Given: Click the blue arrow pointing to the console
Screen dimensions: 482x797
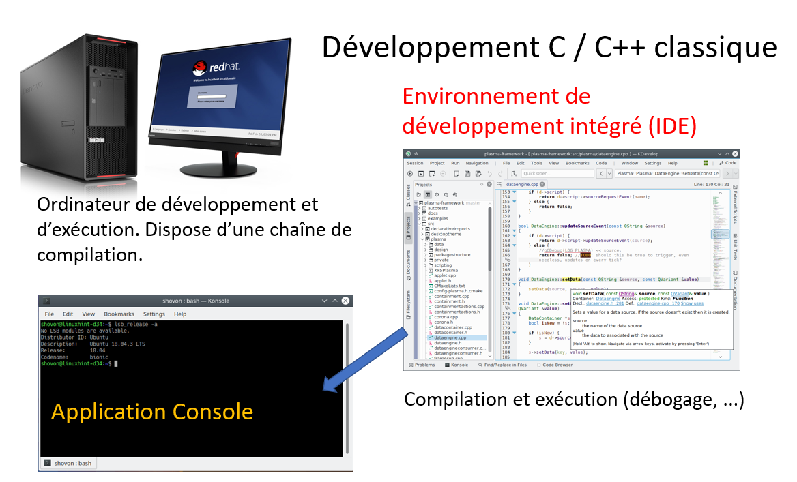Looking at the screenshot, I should [368, 358].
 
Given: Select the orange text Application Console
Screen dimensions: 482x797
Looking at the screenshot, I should [152, 412].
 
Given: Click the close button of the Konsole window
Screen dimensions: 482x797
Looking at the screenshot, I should [346, 301].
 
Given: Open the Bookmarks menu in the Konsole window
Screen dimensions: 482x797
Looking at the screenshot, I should [119, 314].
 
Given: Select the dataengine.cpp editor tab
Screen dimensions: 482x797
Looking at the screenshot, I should [525, 184].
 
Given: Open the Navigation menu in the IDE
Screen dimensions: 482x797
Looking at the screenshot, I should [477, 163].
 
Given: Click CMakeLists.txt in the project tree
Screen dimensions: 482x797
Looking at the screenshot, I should [449, 286].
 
